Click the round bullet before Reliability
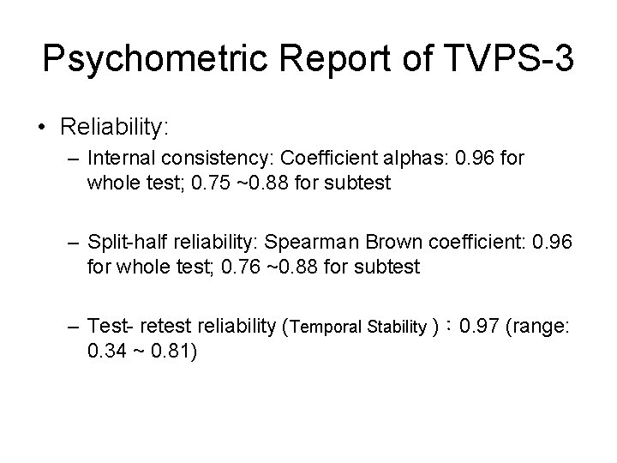(41, 129)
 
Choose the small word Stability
(398, 327)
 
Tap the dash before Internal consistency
(75, 159)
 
